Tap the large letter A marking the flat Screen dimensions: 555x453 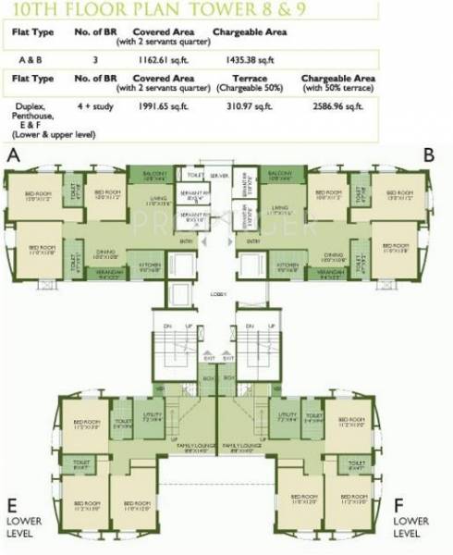[x=13, y=156]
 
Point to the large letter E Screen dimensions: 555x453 [x=13, y=507]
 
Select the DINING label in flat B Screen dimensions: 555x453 [x=334, y=254]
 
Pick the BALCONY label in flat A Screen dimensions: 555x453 [x=154, y=173]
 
